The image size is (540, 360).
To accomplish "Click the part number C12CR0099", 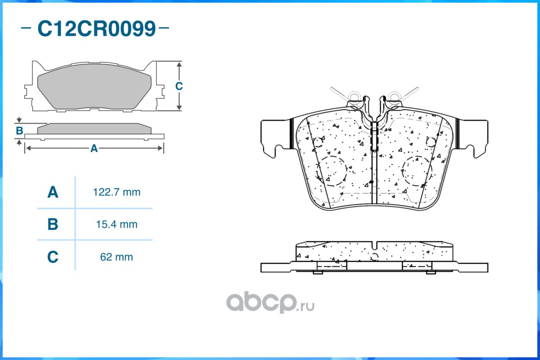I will click(96, 29).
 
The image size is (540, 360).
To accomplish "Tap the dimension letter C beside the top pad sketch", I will click(179, 86).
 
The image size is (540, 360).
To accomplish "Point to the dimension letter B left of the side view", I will click(19, 131).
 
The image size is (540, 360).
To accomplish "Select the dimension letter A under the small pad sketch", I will click(94, 148).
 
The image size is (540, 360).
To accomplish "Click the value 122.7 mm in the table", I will click(117, 193).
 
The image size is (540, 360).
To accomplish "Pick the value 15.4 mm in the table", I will click(117, 224).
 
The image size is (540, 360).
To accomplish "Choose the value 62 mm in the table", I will click(117, 257).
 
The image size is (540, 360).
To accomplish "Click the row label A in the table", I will click(53, 193).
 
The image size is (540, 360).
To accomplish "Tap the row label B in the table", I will click(53, 224).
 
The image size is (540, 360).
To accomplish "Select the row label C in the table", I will click(53, 257).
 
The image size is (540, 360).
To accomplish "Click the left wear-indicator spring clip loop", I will click(354, 97).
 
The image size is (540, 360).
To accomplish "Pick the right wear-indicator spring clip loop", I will click(395, 97).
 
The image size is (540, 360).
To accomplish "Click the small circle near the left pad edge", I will click(318, 142).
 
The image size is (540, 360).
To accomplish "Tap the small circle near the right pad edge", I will click(430, 142).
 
